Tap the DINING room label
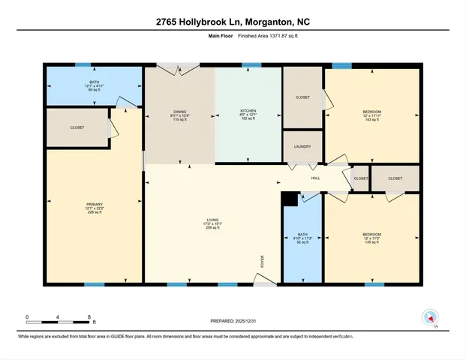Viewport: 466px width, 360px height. coord(179,115)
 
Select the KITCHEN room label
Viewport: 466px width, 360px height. coord(248,115)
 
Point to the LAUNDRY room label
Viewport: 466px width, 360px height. coord(302,147)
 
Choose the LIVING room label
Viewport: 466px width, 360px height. coord(213,223)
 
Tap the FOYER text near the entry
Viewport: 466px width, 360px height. coord(262,262)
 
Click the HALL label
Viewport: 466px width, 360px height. coord(316,178)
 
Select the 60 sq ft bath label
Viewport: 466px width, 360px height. coord(95,85)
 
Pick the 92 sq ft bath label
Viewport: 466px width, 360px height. coord(302,238)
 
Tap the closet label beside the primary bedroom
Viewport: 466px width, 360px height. coord(77,127)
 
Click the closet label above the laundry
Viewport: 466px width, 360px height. coord(302,97)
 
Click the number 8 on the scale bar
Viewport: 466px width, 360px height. coord(89,317)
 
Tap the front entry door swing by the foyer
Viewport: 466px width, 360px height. coord(265,279)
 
